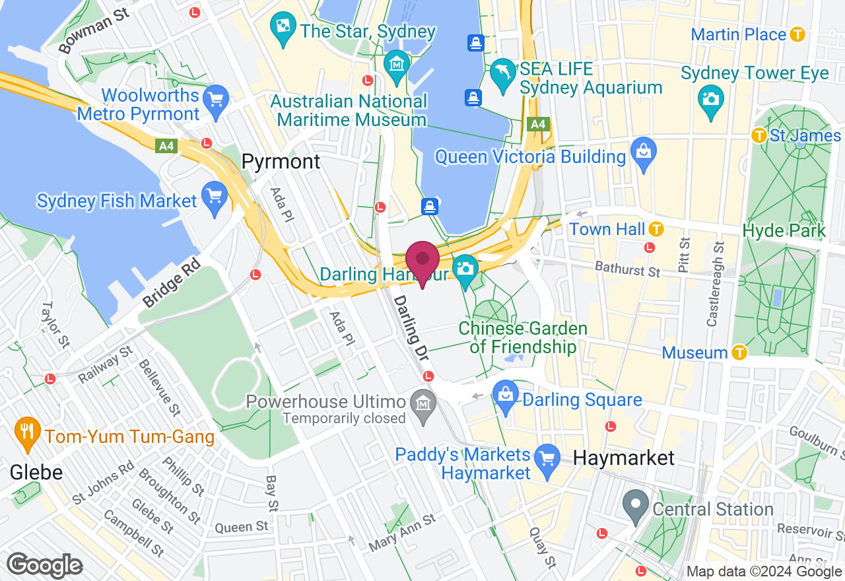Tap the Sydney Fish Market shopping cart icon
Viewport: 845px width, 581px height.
[215, 198]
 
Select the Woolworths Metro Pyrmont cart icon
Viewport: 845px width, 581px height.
[215, 101]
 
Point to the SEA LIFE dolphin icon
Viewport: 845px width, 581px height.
[502, 71]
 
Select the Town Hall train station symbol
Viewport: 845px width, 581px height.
[656, 229]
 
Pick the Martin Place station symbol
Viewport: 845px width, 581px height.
[798, 34]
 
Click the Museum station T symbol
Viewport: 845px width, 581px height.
[739, 353]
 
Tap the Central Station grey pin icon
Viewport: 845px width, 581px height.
[636, 506]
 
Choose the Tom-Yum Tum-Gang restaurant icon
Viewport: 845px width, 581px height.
[26, 432]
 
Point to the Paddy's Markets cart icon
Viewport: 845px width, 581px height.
[546, 457]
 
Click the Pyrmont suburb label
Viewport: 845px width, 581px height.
[281, 162]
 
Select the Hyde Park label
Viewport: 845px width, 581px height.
[784, 231]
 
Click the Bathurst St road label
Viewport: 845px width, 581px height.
[627, 269]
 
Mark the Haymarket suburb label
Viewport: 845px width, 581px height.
[624, 458]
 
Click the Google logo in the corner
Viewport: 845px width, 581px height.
[45, 566]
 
